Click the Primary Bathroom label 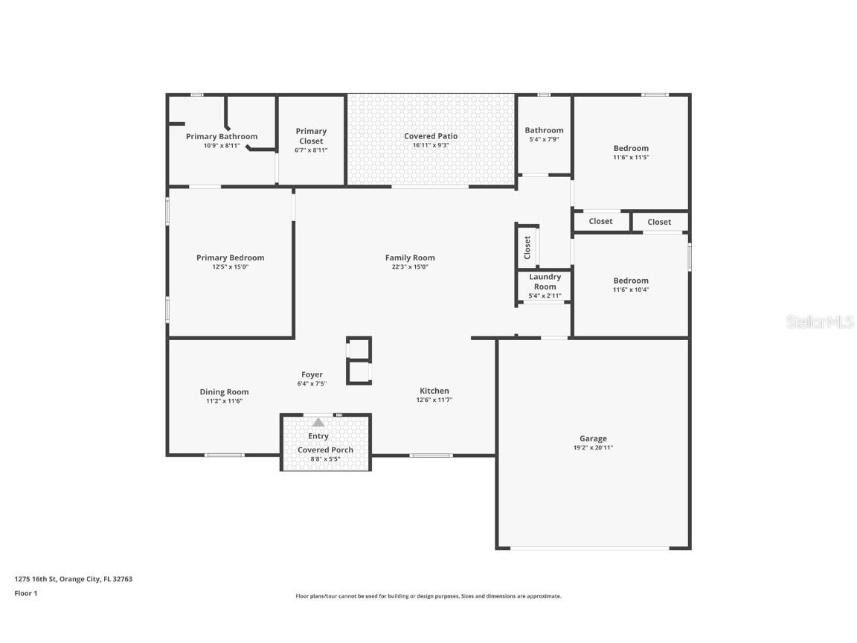[221, 136]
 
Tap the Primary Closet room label [311, 136]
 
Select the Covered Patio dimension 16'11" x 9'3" [431, 146]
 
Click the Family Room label [410, 257]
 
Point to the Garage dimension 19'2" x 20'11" [593, 448]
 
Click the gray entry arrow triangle [318, 422]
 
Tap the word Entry [318, 436]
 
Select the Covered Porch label [325, 450]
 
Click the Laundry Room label [545, 281]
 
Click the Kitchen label [434, 391]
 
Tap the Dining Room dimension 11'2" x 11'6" [224, 401]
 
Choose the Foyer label [312, 374]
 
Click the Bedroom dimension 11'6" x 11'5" [631, 158]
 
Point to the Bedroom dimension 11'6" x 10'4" [631, 290]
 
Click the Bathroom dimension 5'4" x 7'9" [544, 140]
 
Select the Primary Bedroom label [230, 257]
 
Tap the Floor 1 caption [25, 593]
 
